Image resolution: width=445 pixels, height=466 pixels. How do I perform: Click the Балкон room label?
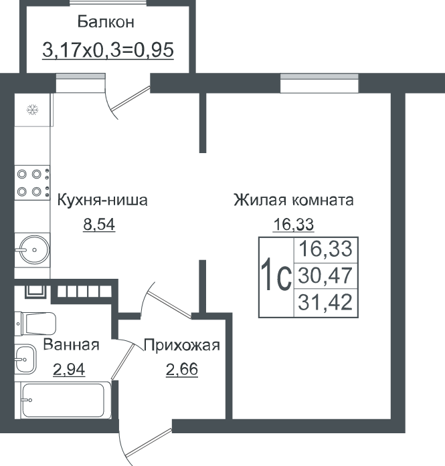pyautogui.click(x=106, y=22)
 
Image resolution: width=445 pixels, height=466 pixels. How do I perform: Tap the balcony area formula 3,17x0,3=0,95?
pyautogui.click(x=108, y=49)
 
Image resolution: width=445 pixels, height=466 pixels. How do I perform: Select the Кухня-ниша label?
pyautogui.click(x=102, y=200)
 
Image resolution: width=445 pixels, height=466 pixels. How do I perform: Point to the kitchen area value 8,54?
pyautogui.click(x=99, y=225)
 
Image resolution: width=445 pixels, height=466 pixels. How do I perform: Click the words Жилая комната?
pyautogui.click(x=294, y=200)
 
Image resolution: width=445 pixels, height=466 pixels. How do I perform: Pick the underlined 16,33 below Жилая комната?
pyautogui.click(x=293, y=225)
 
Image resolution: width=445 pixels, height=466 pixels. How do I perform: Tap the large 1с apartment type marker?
pyautogui.click(x=276, y=274)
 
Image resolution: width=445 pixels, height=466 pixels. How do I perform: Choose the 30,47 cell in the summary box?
pyautogui.click(x=325, y=275)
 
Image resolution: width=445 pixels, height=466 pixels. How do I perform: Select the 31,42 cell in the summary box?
pyautogui.click(x=325, y=302)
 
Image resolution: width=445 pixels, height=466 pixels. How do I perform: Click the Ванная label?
pyautogui.click(x=71, y=345)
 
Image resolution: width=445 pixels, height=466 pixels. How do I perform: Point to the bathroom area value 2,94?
pyautogui.click(x=69, y=370)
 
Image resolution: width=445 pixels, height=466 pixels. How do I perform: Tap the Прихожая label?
pyautogui.click(x=182, y=346)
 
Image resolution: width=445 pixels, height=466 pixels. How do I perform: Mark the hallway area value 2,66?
pyautogui.click(x=182, y=370)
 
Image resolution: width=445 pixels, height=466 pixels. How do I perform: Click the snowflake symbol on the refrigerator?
pyautogui.click(x=32, y=110)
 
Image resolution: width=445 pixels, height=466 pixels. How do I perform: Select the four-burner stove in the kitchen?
pyautogui.click(x=32, y=183)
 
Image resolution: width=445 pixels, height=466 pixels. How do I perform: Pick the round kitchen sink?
pyautogui.click(x=33, y=249)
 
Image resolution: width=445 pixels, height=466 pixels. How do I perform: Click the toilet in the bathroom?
pyautogui.click(x=35, y=324)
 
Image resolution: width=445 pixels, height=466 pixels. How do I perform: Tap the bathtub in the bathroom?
pyautogui.click(x=63, y=400)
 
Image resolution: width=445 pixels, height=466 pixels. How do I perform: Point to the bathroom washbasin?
pyautogui.click(x=25, y=359)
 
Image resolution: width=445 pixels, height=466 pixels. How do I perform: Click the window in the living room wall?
pyautogui.click(x=319, y=83)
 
